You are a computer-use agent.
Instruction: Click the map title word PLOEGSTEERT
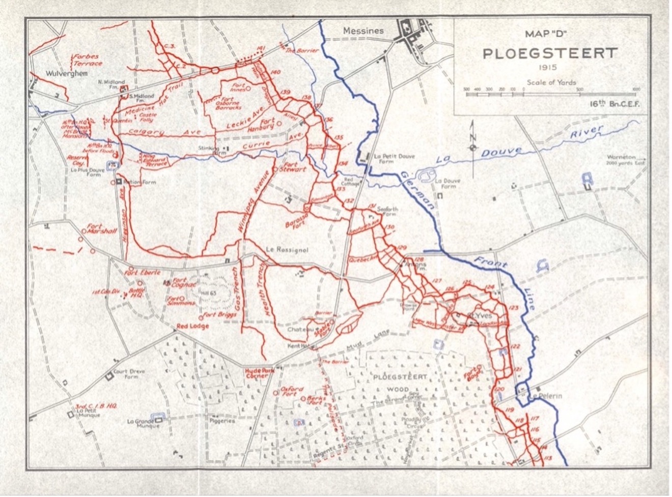pyautogui.click(x=550, y=53)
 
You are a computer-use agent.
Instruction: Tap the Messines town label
pyautogui.click(x=363, y=31)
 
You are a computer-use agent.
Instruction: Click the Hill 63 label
pyautogui.click(x=217, y=291)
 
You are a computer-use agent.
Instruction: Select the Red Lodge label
pyautogui.click(x=192, y=326)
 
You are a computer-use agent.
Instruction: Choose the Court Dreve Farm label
pyautogui.click(x=129, y=374)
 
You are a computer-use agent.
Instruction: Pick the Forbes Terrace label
pyautogui.click(x=88, y=60)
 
